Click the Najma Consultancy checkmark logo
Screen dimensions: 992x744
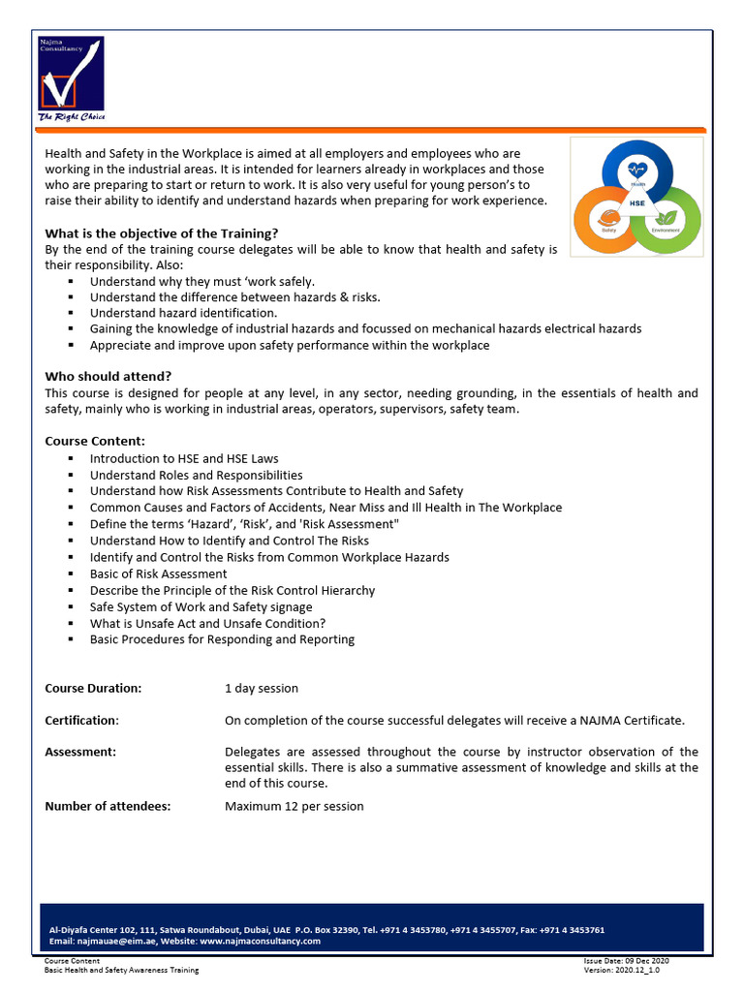(x=71, y=75)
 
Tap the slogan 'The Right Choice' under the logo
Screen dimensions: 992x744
(x=71, y=117)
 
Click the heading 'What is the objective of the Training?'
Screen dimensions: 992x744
(x=162, y=233)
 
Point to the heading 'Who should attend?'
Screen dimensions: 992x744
(x=108, y=376)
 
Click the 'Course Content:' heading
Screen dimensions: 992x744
(x=95, y=441)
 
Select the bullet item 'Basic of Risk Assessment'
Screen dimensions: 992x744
(x=159, y=573)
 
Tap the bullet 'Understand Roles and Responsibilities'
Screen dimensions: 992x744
(x=197, y=475)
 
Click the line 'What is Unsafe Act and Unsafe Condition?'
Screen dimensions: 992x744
(x=207, y=623)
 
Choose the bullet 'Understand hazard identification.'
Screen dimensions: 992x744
(x=184, y=313)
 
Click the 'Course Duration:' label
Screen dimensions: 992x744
(x=93, y=688)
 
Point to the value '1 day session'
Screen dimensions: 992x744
(x=262, y=688)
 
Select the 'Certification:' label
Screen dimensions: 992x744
(x=81, y=720)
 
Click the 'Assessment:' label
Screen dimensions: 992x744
(x=80, y=752)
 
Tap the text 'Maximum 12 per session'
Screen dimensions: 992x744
(x=294, y=806)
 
